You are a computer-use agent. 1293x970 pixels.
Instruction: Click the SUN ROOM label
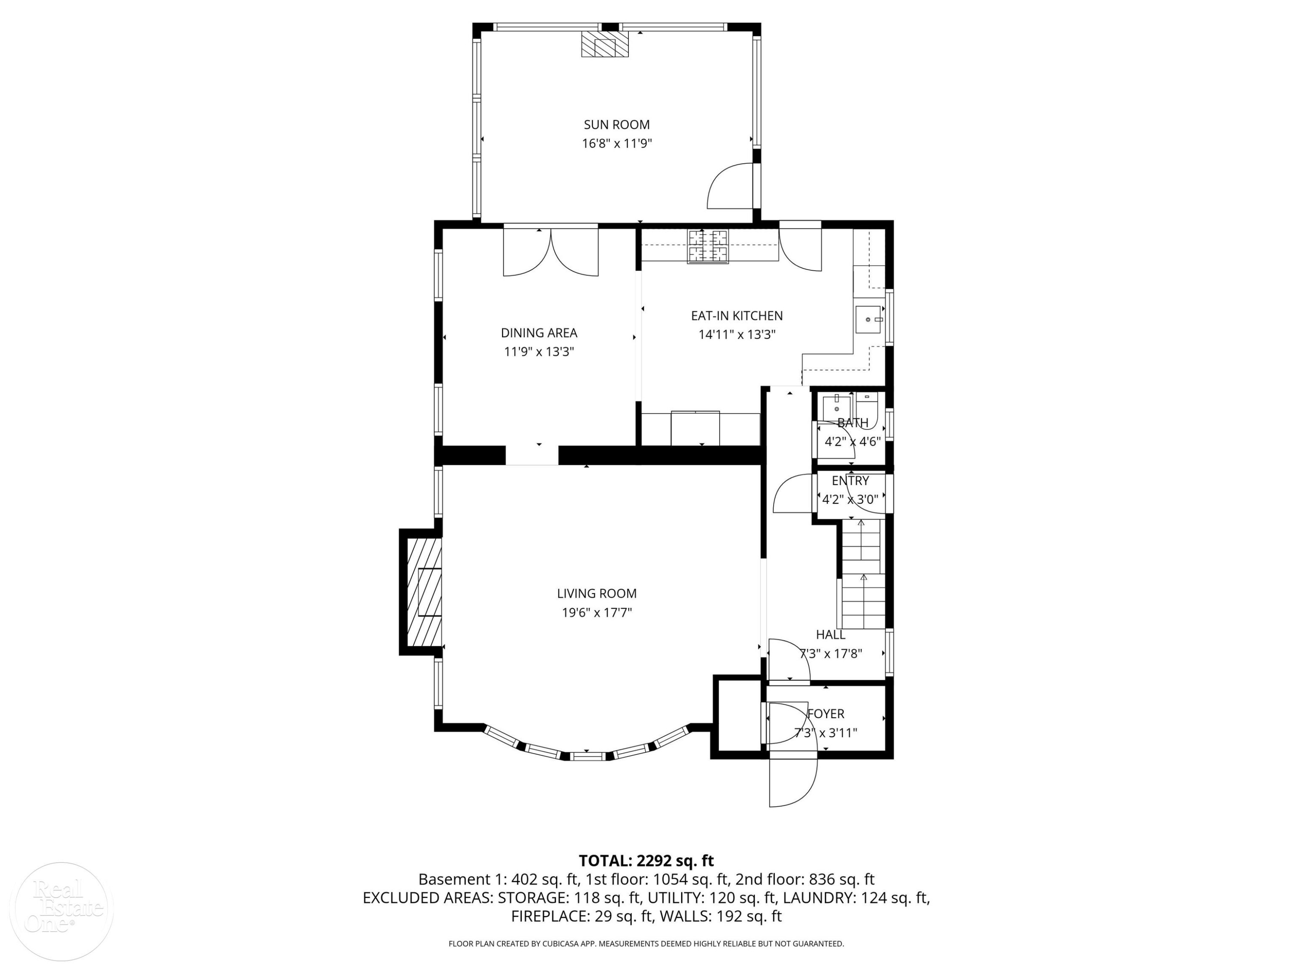[617, 125]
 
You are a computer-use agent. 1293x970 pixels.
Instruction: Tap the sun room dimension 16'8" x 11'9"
[617, 143]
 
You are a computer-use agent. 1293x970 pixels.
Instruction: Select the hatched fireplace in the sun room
[604, 44]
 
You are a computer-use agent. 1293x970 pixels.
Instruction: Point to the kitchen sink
[869, 319]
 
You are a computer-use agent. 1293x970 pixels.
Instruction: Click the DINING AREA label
[539, 333]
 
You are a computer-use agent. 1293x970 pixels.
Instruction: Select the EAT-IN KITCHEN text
[737, 316]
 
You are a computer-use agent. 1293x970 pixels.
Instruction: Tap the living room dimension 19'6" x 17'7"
[597, 613]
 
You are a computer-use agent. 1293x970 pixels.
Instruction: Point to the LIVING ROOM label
[597, 594]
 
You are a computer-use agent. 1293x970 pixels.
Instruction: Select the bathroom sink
[837, 405]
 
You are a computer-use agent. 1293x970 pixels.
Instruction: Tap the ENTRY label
[850, 481]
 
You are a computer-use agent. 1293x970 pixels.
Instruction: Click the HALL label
[831, 635]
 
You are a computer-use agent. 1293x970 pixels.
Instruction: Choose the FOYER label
[826, 713]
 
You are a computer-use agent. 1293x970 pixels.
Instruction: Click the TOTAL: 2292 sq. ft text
[646, 860]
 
